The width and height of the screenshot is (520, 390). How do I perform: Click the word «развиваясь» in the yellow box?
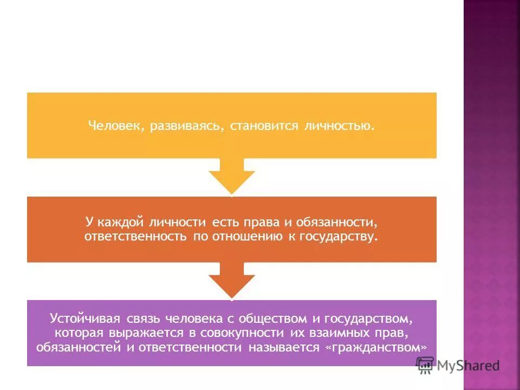pyautogui.click(x=184, y=126)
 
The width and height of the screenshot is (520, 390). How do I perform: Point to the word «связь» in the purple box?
pyautogui.click(x=142, y=318)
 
